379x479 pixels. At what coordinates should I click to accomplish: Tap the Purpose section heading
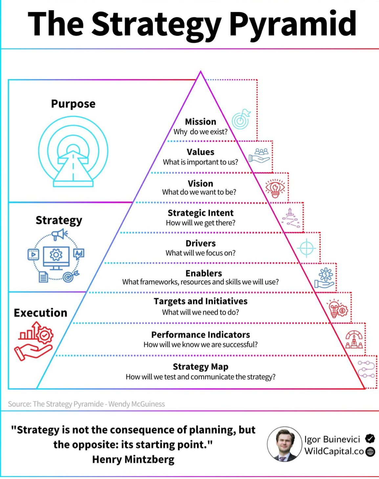pyautogui.click(x=73, y=104)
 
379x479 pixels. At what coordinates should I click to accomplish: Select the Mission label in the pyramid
pyautogui.click(x=201, y=122)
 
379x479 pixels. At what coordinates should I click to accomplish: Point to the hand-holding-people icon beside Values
pyautogui.click(x=259, y=155)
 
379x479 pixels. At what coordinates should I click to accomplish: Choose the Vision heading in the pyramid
pyautogui.click(x=201, y=184)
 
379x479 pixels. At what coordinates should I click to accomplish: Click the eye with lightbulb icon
pyautogui.click(x=275, y=188)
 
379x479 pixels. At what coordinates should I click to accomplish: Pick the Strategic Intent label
pyautogui.click(x=201, y=213)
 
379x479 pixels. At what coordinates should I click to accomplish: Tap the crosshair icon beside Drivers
pyautogui.click(x=306, y=248)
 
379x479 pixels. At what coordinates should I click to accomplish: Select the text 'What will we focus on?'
pyautogui.click(x=200, y=253)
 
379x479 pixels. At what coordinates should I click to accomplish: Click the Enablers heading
pyautogui.click(x=204, y=273)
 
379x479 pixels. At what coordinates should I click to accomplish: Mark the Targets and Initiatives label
pyautogui.click(x=201, y=301)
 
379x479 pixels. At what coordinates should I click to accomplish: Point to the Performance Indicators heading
pyautogui.click(x=201, y=335)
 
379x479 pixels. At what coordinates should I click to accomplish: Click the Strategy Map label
pyautogui.click(x=201, y=367)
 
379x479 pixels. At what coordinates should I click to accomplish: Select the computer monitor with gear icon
pyautogui.click(x=56, y=258)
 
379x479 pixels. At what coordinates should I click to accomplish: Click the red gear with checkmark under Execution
pyautogui.click(x=45, y=335)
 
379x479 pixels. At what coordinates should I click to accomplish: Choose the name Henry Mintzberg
pyautogui.click(x=133, y=459)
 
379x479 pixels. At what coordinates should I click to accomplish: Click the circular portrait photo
pyautogui.click(x=285, y=444)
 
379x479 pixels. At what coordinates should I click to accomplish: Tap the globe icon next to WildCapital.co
pyautogui.click(x=370, y=452)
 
